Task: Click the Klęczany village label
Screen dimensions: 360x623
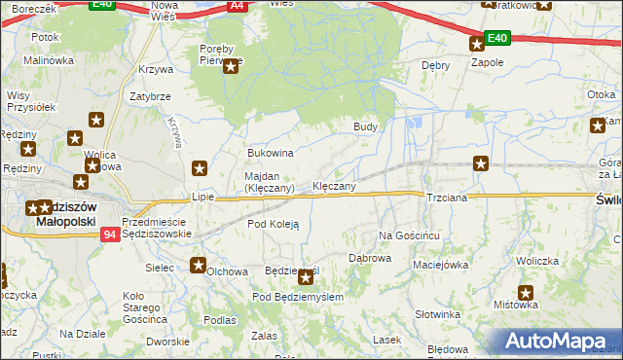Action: coord(333,185)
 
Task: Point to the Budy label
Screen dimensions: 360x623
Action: coord(365,126)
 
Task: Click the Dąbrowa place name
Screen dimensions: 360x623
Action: coord(370,258)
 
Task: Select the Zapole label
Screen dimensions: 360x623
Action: coord(487,61)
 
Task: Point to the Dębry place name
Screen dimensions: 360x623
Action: coord(434,65)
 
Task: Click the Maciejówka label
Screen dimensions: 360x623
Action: coord(441,264)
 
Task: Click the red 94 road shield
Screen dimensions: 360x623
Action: coord(110,234)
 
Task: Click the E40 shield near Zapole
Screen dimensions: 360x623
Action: coord(496,38)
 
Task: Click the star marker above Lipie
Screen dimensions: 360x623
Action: coord(200,167)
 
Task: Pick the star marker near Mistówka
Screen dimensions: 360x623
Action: coord(527,291)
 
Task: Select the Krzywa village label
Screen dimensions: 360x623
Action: coord(156,69)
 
